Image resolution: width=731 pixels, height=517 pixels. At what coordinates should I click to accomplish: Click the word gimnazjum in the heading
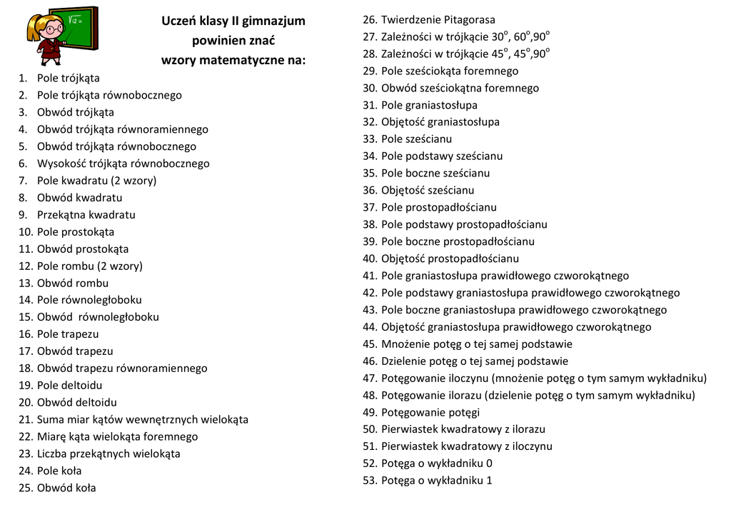(x=273, y=21)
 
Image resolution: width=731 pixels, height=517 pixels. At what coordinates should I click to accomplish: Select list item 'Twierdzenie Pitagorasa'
(x=438, y=19)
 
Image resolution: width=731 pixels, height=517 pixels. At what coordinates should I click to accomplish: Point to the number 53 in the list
(x=369, y=481)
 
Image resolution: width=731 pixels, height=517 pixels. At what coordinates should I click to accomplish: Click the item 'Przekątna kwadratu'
(x=86, y=215)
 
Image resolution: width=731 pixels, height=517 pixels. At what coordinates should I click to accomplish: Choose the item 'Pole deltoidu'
(x=69, y=386)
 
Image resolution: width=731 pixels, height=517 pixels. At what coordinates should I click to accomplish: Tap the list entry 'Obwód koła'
(x=66, y=488)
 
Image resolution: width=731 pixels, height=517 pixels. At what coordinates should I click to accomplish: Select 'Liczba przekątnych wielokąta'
(x=109, y=454)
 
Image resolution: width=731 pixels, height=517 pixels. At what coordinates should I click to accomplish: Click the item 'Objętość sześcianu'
(x=427, y=191)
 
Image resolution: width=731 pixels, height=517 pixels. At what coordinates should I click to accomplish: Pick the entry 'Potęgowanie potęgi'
(x=430, y=413)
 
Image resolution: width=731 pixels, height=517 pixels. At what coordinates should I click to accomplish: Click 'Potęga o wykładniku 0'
(x=436, y=463)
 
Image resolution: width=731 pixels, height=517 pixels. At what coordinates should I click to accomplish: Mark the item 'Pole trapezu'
(x=68, y=334)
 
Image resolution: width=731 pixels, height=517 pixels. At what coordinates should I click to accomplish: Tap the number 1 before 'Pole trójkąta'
(x=22, y=79)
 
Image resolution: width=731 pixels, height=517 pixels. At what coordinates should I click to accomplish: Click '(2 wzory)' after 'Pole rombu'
(x=119, y=266)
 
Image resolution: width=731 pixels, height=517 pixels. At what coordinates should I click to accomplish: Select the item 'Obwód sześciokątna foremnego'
(x=460, y=89)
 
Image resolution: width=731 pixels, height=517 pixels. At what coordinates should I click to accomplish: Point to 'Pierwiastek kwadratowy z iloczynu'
(x=466, y=446)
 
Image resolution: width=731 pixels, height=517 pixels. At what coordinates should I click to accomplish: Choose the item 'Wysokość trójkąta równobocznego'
(x=123, y=164)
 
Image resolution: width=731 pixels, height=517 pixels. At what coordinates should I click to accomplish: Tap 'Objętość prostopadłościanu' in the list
(x=450, y=258)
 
